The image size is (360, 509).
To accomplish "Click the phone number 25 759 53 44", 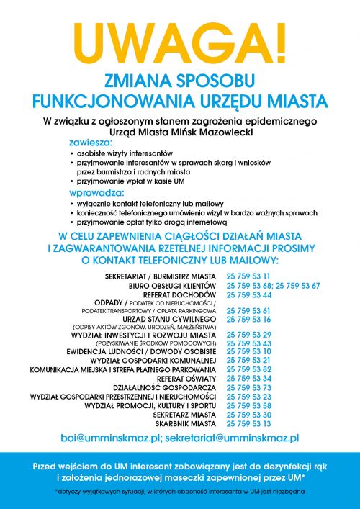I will [x=248, y=295].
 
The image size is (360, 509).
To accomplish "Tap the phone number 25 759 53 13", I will [x=248, y=424].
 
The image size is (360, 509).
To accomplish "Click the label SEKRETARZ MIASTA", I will [x=185, y=415].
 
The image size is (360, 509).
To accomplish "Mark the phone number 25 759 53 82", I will [x=248, y=369].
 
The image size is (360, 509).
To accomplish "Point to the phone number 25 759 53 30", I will [x=248, y=415].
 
